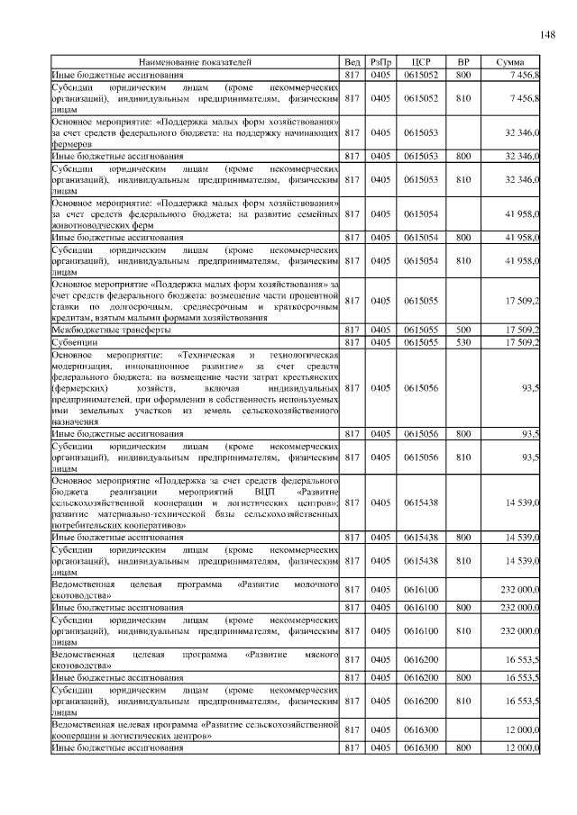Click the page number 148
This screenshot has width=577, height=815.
[547, 34]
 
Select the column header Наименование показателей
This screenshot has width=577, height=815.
[195, 61]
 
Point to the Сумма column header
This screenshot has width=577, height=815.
[509, 61]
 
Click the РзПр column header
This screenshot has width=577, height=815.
[380, 61]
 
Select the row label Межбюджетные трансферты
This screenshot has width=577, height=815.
[97, 330]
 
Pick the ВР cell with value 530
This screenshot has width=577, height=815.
[463, 342]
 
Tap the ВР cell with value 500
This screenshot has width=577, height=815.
[463, 330]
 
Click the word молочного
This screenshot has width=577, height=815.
[315, 585]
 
